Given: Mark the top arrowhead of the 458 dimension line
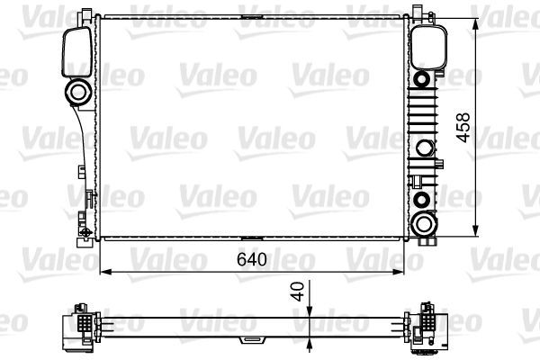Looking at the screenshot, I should tap(474, 20).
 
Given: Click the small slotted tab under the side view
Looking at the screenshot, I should tap(248, 340).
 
